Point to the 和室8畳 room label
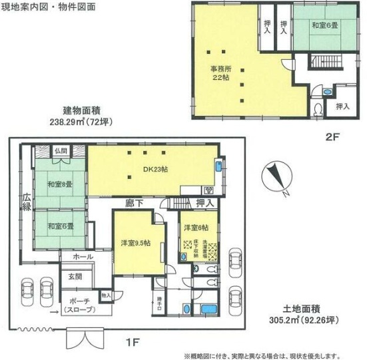pyautogui.click(x=59, y=184)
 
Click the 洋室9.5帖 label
pyautogui.click(x=135, y=242)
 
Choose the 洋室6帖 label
pyautogui.click(x=194, y=228)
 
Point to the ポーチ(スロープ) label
pyautogui.click(x=79, y=305)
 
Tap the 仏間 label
pyautogui.click(x=62, y=151)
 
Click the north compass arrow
pyautogui.click(x=275, y=177)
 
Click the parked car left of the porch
pyautogui.click(x=29, y=291)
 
